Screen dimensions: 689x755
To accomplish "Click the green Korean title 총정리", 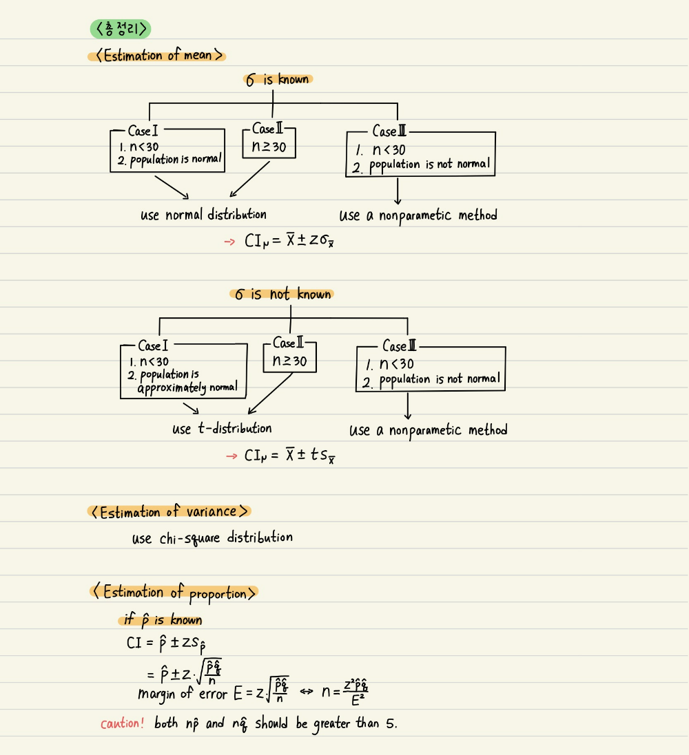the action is tap(120, 29).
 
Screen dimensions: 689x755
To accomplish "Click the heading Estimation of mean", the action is tap(157, 56).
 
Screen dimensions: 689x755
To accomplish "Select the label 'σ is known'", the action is tap(278, 80).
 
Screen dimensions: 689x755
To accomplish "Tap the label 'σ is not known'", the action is tap(282, 295).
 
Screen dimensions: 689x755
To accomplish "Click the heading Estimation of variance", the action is tap(169, 512).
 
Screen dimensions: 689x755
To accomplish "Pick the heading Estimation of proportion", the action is tap(174, 593).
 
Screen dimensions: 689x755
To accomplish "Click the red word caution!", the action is tap(123, 724).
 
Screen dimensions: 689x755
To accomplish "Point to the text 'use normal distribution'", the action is tap(203, 215).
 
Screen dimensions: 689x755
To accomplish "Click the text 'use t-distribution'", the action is tap(222, 429).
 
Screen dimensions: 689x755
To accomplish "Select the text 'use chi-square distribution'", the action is tap(212, 538).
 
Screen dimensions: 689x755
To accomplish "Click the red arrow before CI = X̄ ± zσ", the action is tap(230, 242).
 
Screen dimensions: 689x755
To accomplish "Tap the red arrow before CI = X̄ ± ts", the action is tap(232, 456).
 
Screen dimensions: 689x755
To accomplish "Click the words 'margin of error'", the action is tap(182, 694).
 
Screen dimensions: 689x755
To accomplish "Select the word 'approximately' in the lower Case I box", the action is tap(172, 388).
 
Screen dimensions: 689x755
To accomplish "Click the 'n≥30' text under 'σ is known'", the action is tap(269, 147).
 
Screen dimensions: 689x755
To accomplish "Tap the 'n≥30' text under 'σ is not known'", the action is tap(289, 361).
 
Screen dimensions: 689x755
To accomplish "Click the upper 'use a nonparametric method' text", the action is tap(418, 215).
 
